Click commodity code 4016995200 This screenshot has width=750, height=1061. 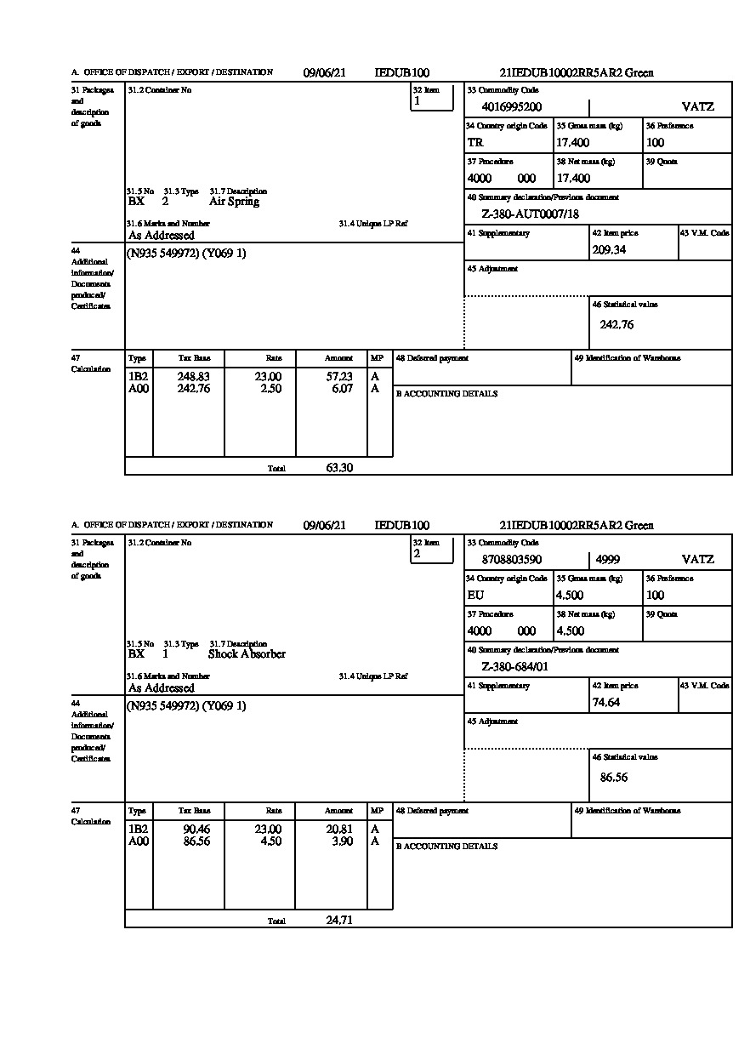coord(511,107)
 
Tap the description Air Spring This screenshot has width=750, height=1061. coord(234,202)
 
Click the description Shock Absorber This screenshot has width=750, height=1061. coord(247,654)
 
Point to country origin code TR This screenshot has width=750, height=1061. coord(475,143)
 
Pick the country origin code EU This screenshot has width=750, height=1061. coord(475,596)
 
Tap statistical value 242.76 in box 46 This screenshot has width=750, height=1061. coord(616,324)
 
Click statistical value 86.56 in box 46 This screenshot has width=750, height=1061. coord(614,777)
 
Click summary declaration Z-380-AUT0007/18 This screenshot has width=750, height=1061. coord(530,214)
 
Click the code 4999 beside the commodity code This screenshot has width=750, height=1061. coord(608,560)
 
